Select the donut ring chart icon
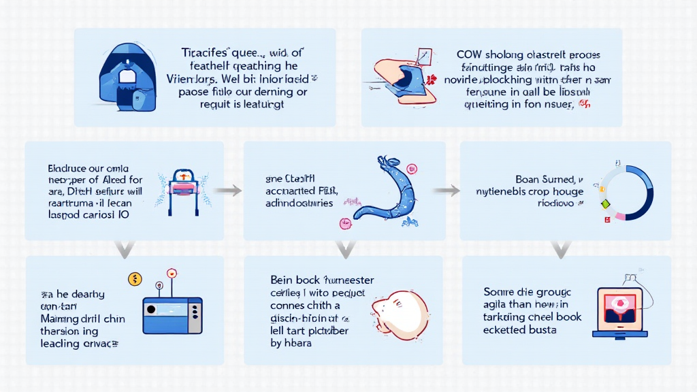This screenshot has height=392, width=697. pos(626,193)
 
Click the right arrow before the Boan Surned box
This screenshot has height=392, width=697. pos(447,191)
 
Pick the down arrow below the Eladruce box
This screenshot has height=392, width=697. pos(124,249)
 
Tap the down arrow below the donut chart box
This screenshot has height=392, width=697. pos(561,249)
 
